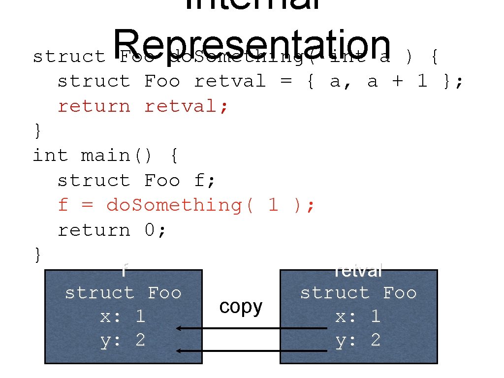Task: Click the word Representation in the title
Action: (252, 43)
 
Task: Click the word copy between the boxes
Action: (241, 307)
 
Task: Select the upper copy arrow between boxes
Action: (252, 328)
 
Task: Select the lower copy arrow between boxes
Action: (252, 351)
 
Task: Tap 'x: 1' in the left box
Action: (123, 316)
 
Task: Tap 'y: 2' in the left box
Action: (123, 340)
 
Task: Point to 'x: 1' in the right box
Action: (358, 316)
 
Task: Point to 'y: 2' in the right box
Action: (358, 340)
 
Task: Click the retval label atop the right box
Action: (358, 271)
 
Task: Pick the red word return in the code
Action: (94, 106)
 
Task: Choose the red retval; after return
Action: (187, 106)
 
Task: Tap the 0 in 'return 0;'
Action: (150, 230)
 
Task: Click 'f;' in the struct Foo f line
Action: (205, 181)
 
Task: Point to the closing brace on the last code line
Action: (37, 254)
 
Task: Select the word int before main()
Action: (50, 156)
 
